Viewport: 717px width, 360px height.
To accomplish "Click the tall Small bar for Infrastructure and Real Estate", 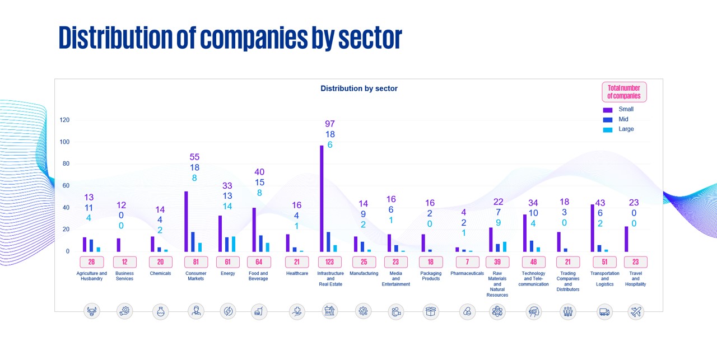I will pos(322,199).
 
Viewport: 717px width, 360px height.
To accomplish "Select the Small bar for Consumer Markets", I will pos(186,222).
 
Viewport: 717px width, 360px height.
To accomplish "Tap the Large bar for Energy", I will pos(234,244).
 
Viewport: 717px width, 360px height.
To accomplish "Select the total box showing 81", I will pos(196,262).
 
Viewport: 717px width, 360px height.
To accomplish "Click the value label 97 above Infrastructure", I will pos(330,124).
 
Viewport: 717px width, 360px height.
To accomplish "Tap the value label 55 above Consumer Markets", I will pos(194,157).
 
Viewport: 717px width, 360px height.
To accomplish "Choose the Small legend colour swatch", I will pos(608,110).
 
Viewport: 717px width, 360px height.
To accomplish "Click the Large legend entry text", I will pos(626,129).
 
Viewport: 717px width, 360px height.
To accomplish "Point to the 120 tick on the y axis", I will pos(65,120).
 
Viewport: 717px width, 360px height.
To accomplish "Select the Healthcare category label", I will pos(297,274).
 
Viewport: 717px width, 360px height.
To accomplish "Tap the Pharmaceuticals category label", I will pos(467,274).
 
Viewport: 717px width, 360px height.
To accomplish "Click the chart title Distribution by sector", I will pos(358,88).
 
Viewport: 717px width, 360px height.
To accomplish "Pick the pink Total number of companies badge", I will pos(623,92).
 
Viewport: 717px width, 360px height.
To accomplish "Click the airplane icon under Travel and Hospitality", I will pos(635,312).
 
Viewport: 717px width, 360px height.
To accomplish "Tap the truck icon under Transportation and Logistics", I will pos(604,312).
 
